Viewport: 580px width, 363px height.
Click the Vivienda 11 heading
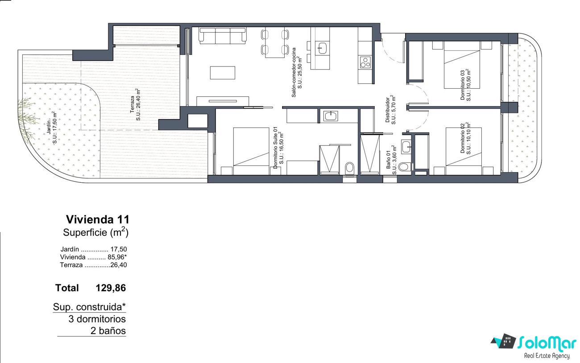coord(98,219)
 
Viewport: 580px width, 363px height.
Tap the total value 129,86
coord(111,288)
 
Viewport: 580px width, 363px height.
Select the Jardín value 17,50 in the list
coord(119,249)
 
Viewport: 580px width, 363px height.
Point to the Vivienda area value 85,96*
coord(117,257)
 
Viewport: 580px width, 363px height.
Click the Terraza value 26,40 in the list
coord(119,265)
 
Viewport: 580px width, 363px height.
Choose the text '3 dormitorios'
coord(97,319)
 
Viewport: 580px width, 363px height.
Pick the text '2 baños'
coord(108,330)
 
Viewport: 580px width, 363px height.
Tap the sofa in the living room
coord(223,36)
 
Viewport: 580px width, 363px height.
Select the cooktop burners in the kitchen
coord(365,62)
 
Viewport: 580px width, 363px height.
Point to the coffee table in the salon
coord(223,73)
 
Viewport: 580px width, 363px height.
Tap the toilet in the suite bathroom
coord(349,168)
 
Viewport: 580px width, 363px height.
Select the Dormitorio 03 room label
coord(465,85)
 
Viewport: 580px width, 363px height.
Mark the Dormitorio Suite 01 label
coord(278,148)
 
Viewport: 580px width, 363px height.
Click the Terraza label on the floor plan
coord(135,104)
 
